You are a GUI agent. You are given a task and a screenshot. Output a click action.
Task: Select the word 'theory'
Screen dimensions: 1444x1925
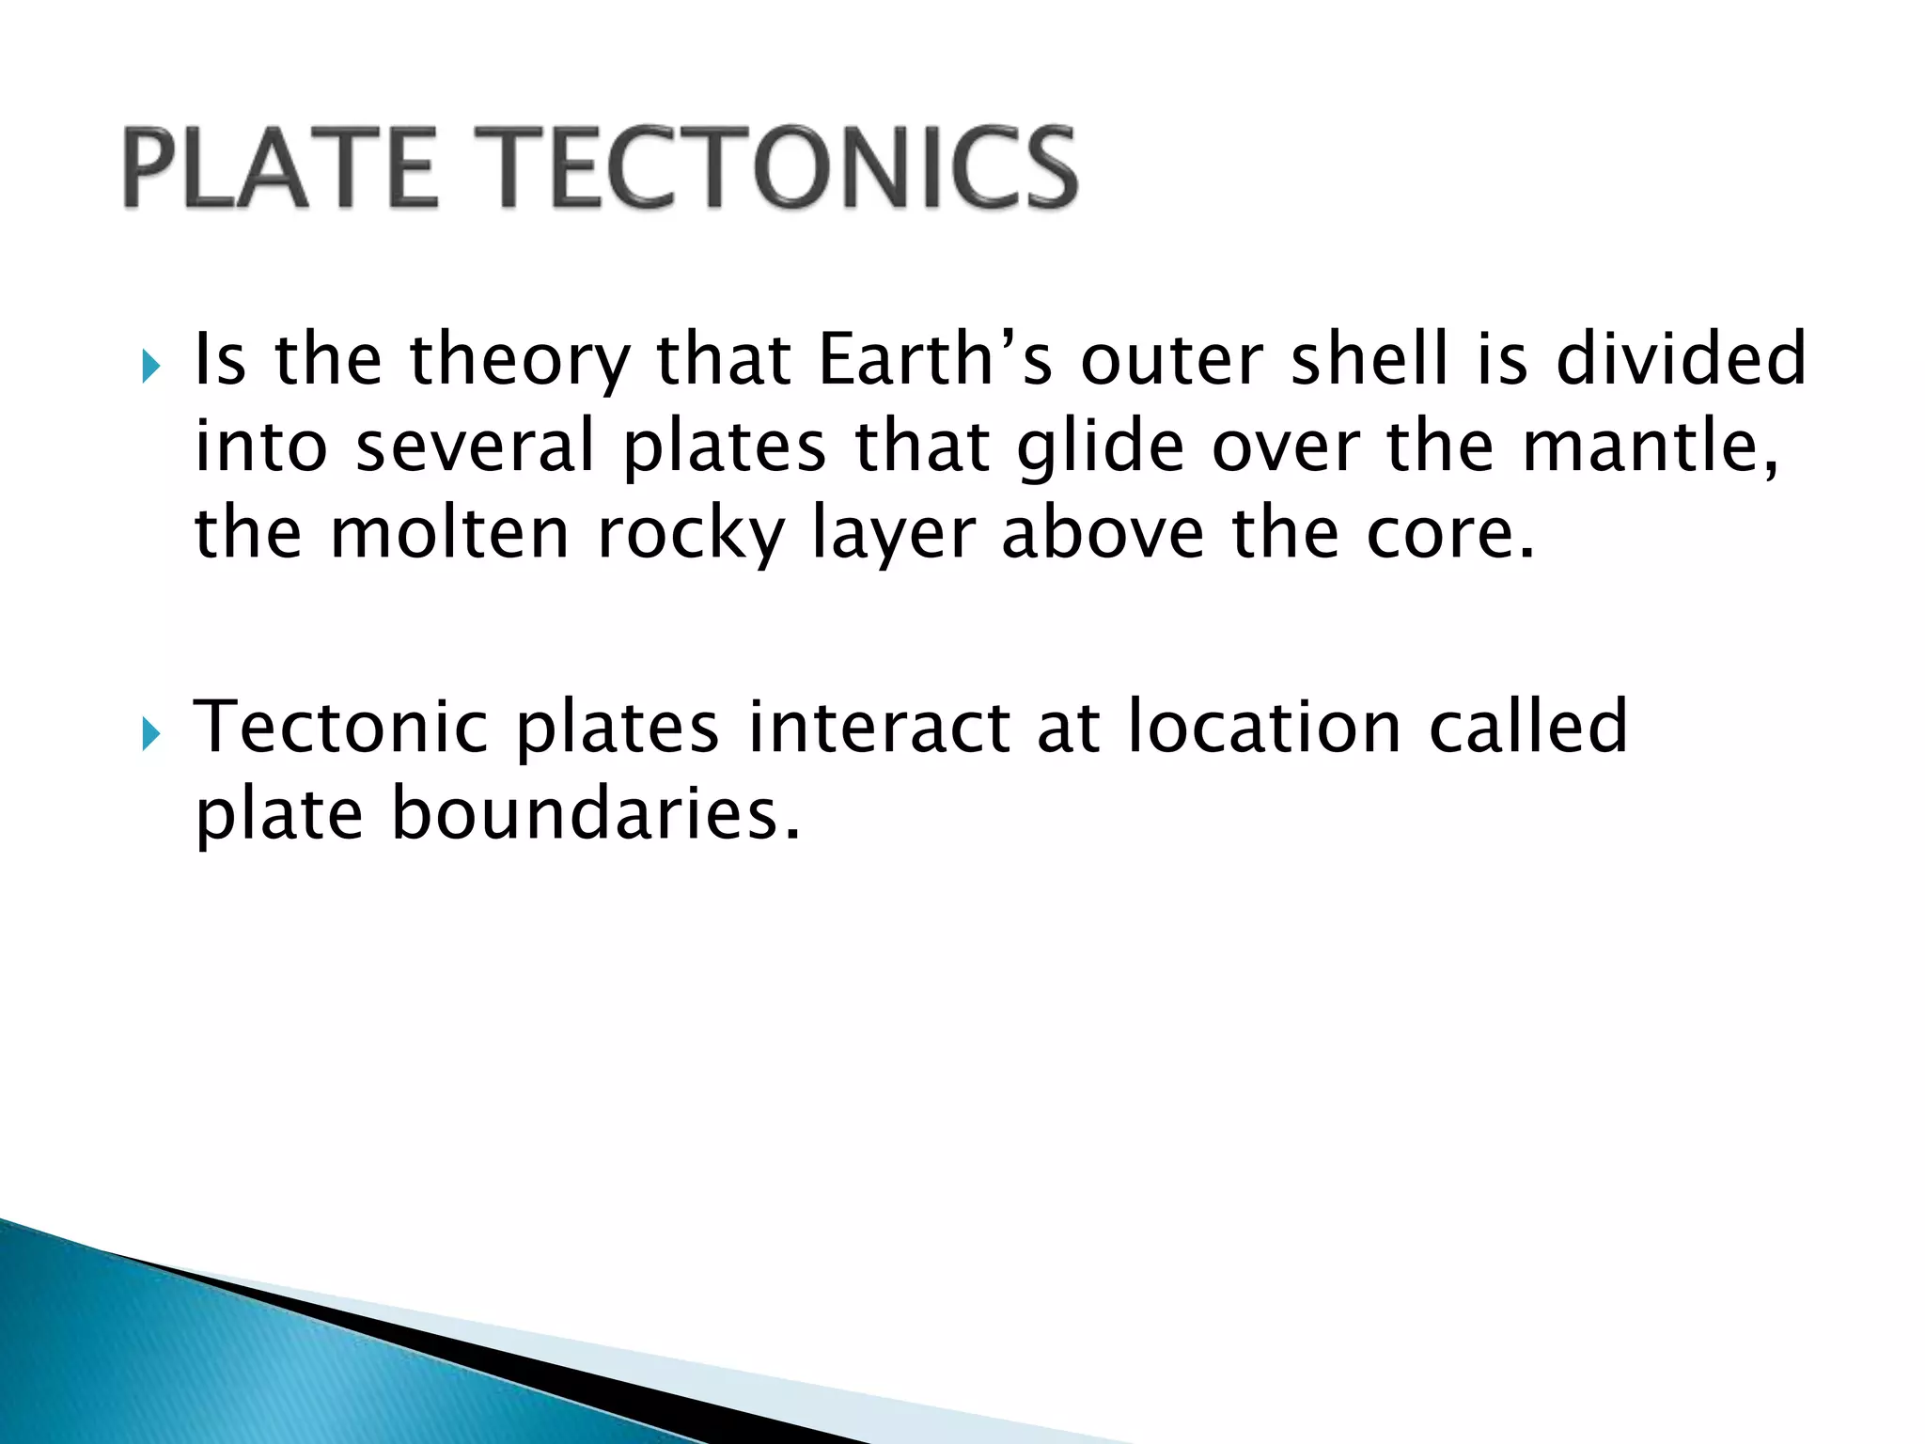pyautogui.click(x=521, y=361)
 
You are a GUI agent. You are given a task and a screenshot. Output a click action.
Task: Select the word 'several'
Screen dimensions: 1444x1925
pyautogui.click(x=476, y=447)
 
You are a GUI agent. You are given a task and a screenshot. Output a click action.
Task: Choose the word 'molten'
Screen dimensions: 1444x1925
pyautogui.click(x=450, y=533)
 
